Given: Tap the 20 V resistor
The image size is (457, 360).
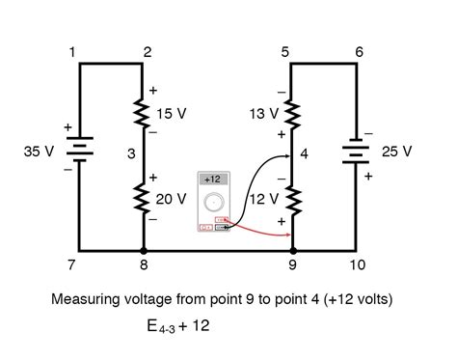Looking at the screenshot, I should [x=145, y=199].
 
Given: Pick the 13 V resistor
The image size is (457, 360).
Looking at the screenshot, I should [x=290, y=116].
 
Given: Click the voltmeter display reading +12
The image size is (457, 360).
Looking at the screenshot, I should [x=214, y=180].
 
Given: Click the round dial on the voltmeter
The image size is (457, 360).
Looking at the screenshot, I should [x=215, y=204].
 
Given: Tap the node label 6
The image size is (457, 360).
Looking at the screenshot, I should [x=359, y=51].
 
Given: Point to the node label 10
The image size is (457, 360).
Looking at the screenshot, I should [x=359, y=263].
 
